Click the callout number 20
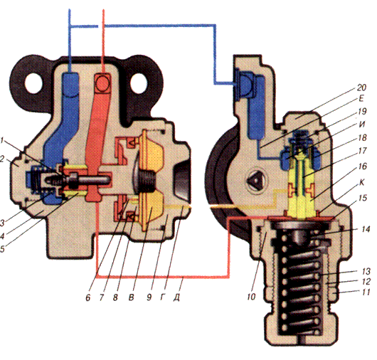tap(361, 88)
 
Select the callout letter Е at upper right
tap(361, 99)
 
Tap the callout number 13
tap(366, 272)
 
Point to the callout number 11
tap(365, 292)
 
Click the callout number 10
tap(251, 297)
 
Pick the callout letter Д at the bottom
tap(176, 297)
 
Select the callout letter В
tap(131, 297)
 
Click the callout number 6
tap(88, 297)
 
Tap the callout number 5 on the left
tap(2, 249)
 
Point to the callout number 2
tap(2, 159)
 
